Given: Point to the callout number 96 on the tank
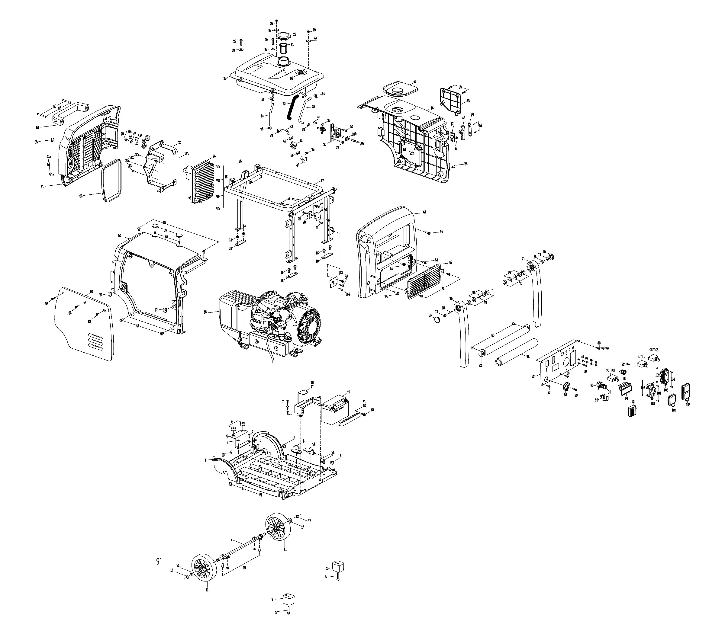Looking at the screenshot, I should [291, 78].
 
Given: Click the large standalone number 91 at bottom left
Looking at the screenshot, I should [159, 562].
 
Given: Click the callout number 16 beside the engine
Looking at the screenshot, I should [205, 312].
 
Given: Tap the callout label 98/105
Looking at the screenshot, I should [654, 350].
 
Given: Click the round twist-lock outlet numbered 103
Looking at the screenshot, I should [651, 391].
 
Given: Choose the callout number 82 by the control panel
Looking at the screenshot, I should [533, 376].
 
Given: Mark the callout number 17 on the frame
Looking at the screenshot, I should [322, 181].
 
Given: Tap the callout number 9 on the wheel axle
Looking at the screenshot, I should [231, 540].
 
